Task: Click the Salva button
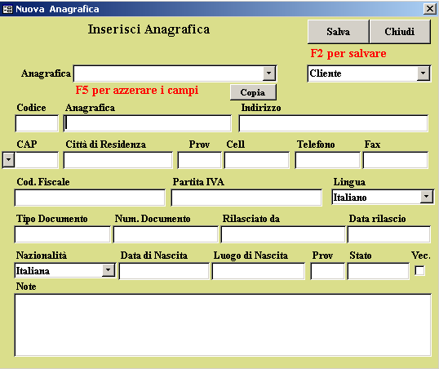pyautogui.click(x=338, y=32)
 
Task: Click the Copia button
pyautogui.click(x=253, y=92)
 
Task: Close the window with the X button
pyautogui.click(x=430, y=9)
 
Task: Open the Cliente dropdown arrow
pyautogui.click(x=423, y=73)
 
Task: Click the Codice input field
pyautogui.click(x=37, y=123)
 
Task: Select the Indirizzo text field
pyautogui.click(x=334, y=123)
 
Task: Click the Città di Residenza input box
pyautogui.click(x=118, y=160)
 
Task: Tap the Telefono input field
pyautogui.click(x=327, y=160)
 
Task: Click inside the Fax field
pyautogui.click(x=396, y=160)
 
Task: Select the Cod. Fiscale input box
pyautogui.click(x=90, y=198)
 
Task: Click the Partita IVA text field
pyautogui.click(x=246, y=198)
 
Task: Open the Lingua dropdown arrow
pyautogui.click(x=427, y=197)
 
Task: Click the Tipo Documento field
pyautogui.click(x=63, y=234)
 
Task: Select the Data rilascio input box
pyautogui.click(x=389, y=234)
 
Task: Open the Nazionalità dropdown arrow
pyautogui.click(x=109, y=270)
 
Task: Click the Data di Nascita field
pyautogui.click(x=164, y=271)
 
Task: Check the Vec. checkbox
pyautogui.click(x=419, y=271)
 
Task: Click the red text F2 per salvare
pyautogui.click(x=348, y=54)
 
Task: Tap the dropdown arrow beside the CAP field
pyautogui.click(x=9, y=160)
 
